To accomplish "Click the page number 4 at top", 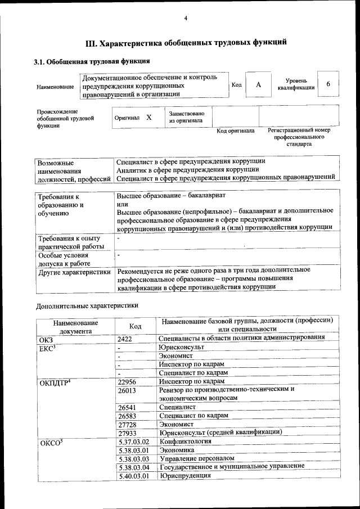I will coord(186,19).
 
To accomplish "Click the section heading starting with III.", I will coord(186,42).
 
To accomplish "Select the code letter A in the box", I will coord(258,84).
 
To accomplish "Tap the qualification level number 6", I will coord(328,83).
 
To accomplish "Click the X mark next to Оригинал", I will coord(149,118).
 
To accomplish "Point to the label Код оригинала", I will coord(236,131).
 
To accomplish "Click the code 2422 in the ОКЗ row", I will coord(126,338).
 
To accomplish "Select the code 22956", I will coord(128,381).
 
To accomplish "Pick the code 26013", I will coord(128,390).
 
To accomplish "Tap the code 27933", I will coord(128,433).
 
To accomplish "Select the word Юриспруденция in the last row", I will coord(185,476).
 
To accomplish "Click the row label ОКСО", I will coord(51,443).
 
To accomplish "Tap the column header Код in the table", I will coord(135,326).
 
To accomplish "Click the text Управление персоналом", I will coord(196,458).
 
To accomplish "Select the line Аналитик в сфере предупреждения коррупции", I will coord(187,169).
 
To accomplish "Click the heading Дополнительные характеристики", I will coord(87,306).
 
